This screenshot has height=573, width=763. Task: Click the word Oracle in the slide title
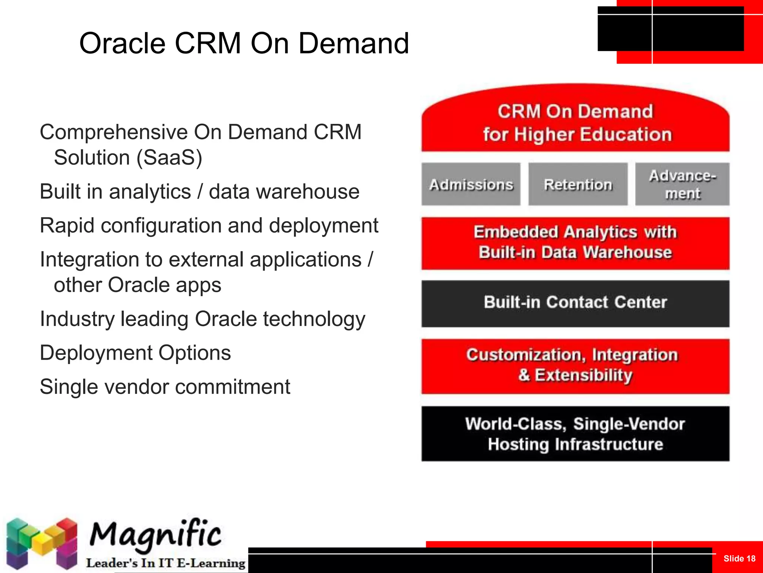[x=122, y=43]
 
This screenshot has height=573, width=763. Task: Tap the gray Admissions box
[x=471, y=184]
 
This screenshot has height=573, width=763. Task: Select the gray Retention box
[x=578, y=184]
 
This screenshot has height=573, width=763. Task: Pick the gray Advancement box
[x=682, y=184]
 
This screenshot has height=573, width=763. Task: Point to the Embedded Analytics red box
[x=575, y=243]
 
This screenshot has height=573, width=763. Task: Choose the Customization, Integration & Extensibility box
[x=575, y=366]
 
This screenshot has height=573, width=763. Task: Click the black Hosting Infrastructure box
[x=575, y=434]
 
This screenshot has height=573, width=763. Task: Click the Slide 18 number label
[x=739, y=558]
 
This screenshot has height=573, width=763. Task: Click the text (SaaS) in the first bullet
[x=169, y=157]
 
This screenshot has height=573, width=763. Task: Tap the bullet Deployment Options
[x=135, y=353]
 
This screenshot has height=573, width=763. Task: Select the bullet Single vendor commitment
[x=165, y=387]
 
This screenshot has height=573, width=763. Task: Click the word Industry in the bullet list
[x=77, y=319]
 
